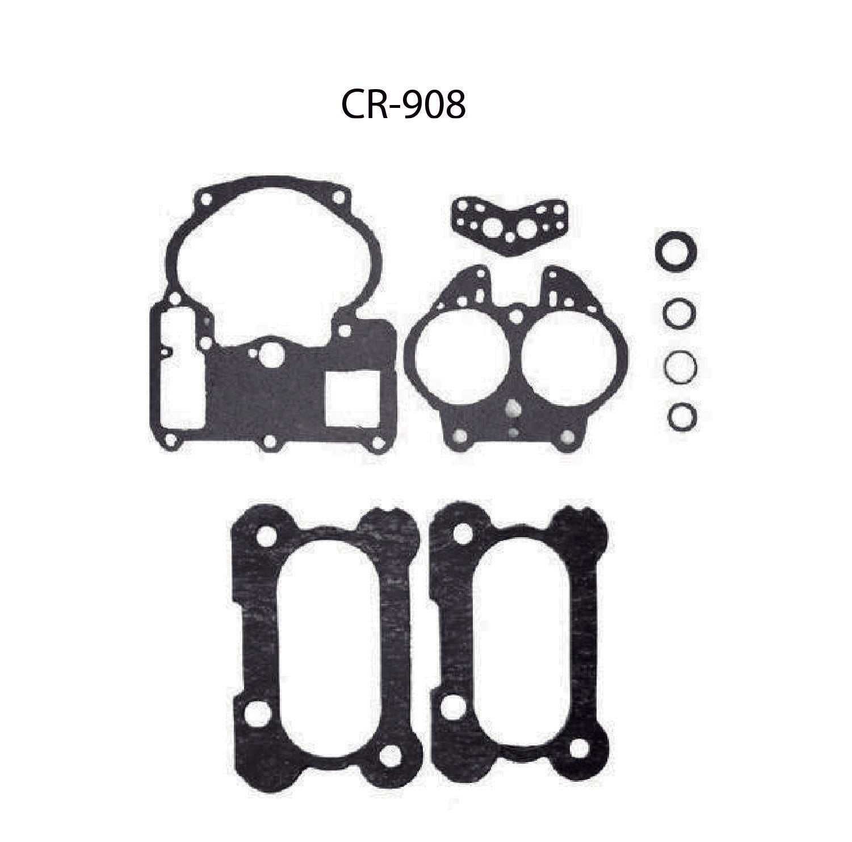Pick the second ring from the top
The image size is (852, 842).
click(677, 313)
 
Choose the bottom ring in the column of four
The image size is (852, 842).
click(682, 417)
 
